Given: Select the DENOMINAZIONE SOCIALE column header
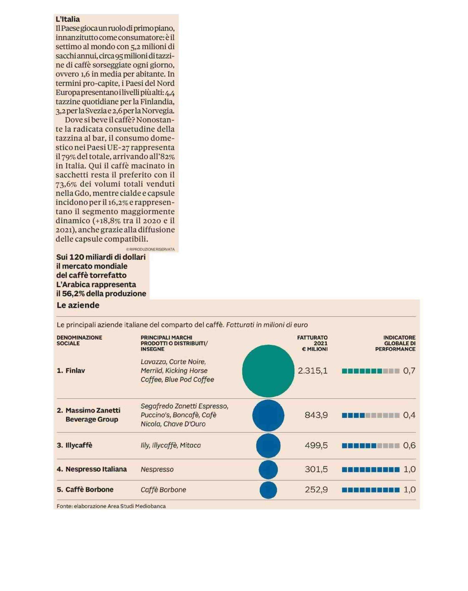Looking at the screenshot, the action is coord(79,341).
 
